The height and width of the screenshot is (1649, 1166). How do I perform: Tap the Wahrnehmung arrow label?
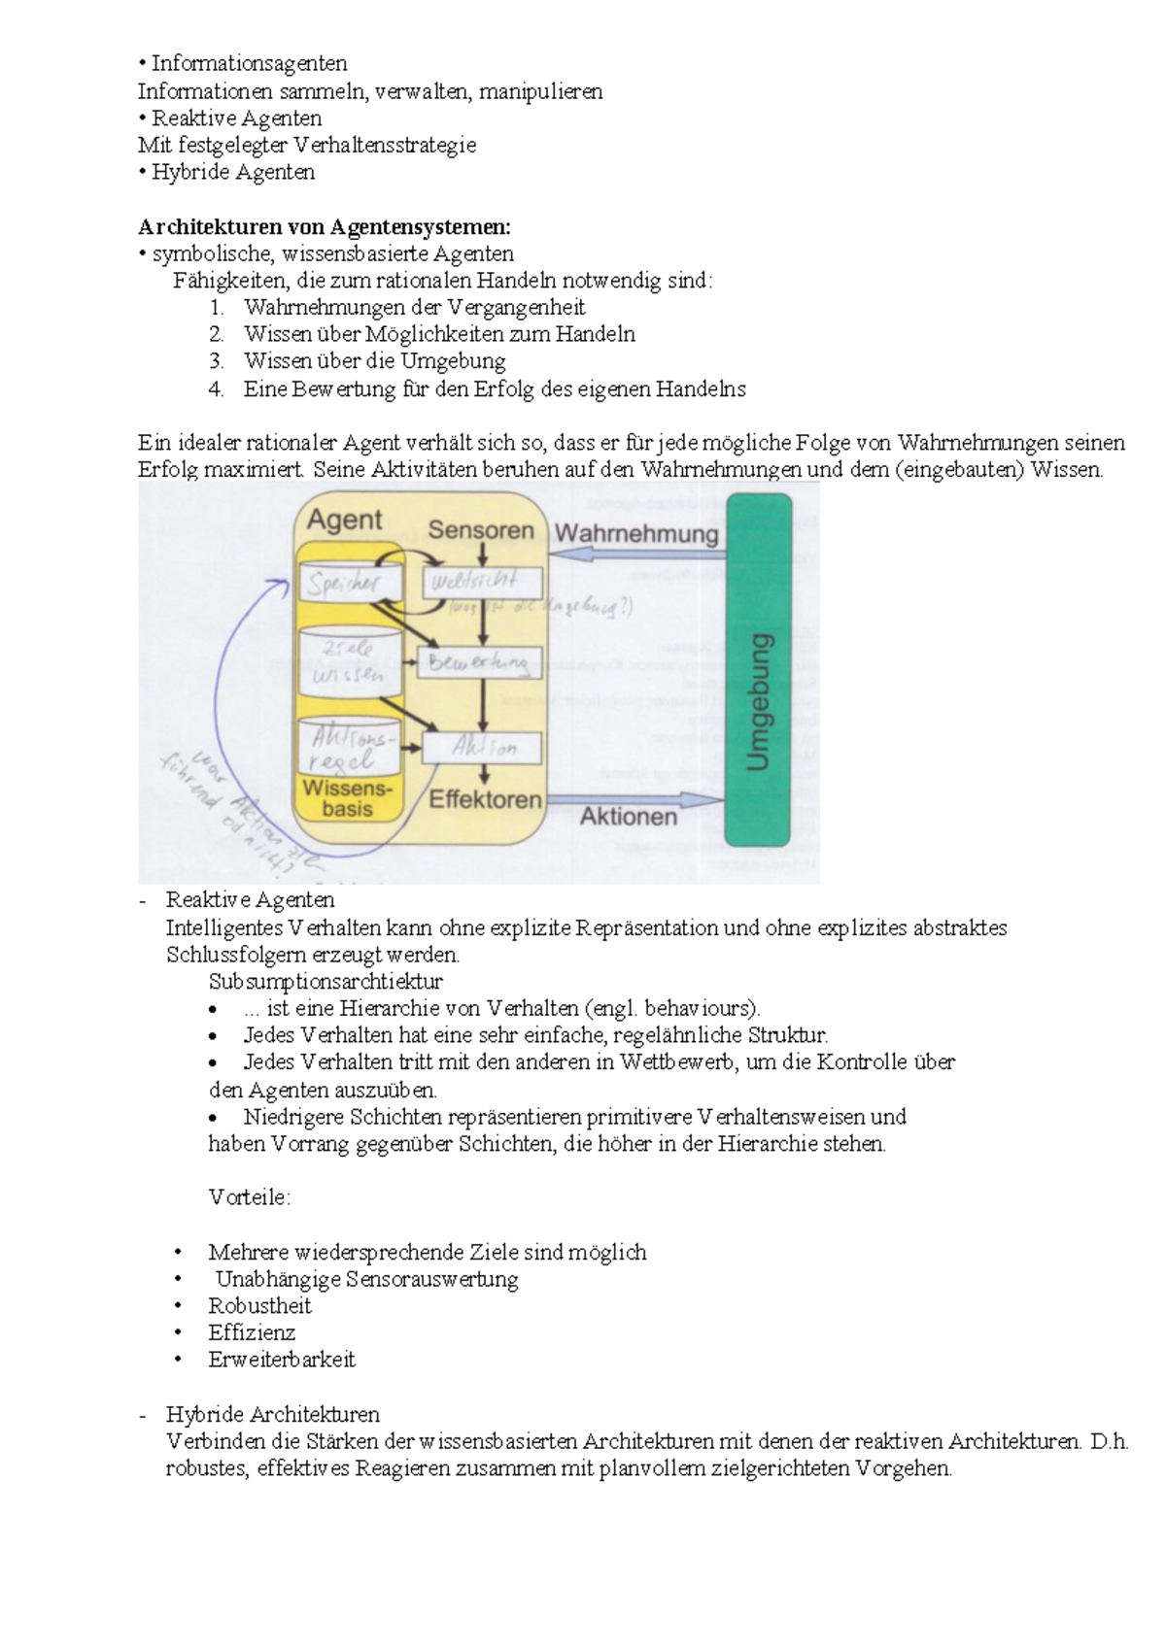tap(636, 533)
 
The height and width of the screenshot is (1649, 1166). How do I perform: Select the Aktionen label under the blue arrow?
tap(629, 817)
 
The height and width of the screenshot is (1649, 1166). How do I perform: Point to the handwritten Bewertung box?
tap(479, 663)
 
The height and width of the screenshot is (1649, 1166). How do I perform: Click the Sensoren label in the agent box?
tap(481, 530)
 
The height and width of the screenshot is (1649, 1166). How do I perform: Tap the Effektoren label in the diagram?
tap(485, 799)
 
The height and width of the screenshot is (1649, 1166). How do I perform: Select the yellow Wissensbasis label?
tap(347, 797)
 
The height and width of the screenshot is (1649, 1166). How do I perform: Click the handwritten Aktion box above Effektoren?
tap(483, 748)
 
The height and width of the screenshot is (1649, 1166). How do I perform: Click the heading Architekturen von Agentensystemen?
tap(324, 227)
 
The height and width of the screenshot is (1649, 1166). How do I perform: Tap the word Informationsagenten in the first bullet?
tap(249, 63)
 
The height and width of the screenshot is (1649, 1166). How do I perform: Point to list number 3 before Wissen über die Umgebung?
tap(216, 361)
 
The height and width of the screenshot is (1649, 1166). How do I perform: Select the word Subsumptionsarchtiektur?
tap(326, 981)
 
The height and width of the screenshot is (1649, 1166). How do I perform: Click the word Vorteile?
tap(249, 1197)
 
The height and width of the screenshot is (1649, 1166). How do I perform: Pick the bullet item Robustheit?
tap(259, 1305)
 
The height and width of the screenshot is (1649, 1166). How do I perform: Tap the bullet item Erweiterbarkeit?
tap(282, 1360)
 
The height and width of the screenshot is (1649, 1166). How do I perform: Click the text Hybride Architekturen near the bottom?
tap(272, 1414)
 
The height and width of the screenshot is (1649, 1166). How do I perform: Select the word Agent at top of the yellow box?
tap(345, 520)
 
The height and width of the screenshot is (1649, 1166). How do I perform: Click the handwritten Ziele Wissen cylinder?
tap(349, 662)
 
